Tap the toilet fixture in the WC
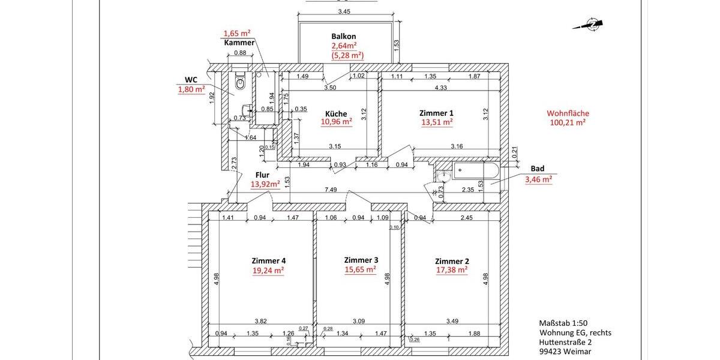tap(241, 83)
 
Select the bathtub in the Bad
tap(476, 170)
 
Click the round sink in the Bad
tap(444, 175)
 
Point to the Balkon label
tap(343, 37)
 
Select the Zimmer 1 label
tap(436, 113)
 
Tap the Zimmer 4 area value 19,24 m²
tap(268, 270)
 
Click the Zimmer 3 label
tap(361, 260)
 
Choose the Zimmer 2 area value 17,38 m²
tap(451, 270)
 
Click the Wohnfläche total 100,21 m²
tap(567, 122)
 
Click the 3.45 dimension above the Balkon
tap(344, 11)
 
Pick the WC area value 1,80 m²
tap(191, 90)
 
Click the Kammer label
tap(239, 43)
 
